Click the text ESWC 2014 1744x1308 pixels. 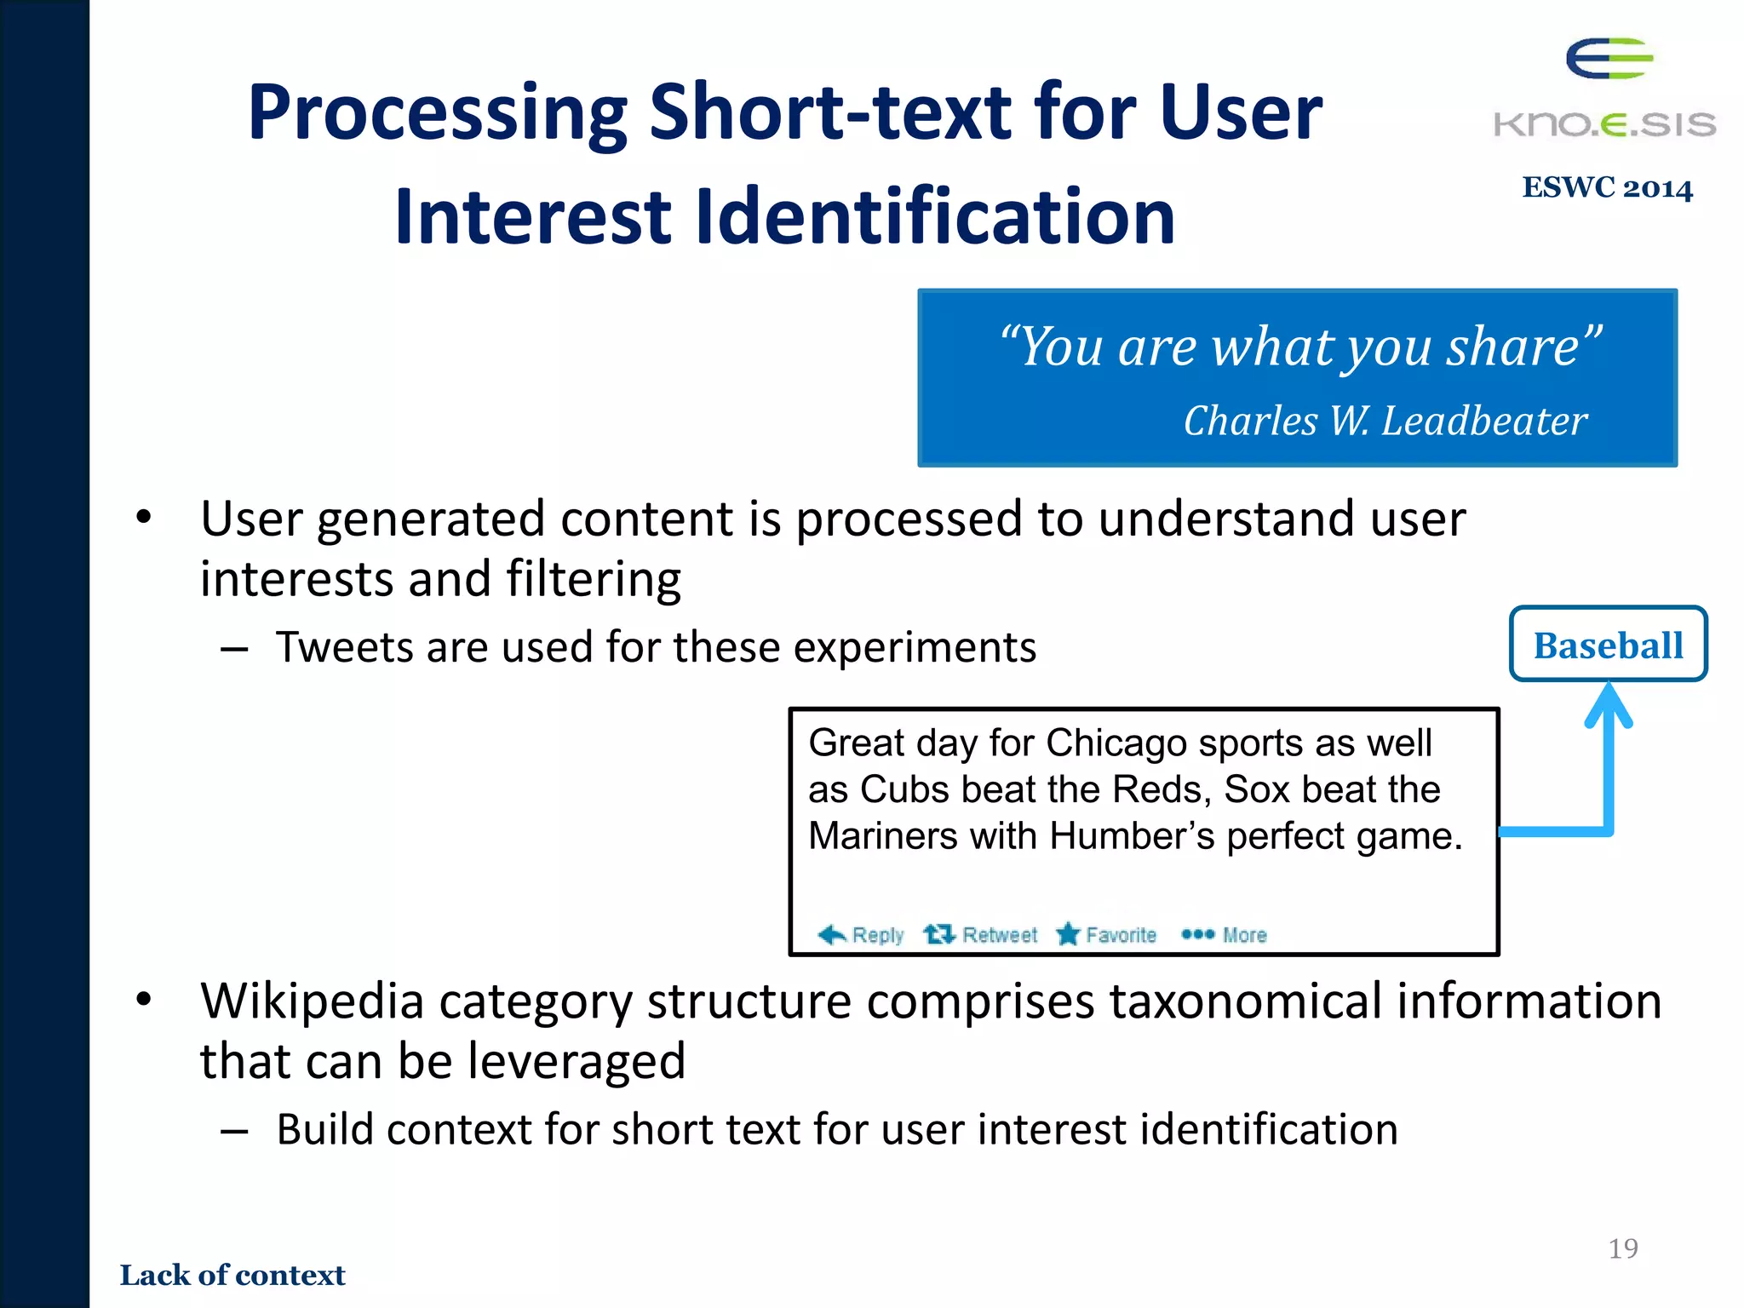1607,188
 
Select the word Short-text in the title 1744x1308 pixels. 830,112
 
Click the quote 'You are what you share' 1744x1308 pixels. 1299,347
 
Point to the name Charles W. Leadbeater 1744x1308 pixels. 1385,421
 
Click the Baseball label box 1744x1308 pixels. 1608,645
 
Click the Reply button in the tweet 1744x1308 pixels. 861,935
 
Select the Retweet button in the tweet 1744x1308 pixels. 981,935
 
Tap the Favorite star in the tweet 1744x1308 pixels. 1068,934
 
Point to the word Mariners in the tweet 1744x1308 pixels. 883,836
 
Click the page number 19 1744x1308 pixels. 1622,1248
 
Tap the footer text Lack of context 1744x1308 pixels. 232,1275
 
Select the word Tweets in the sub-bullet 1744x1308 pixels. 344,647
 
